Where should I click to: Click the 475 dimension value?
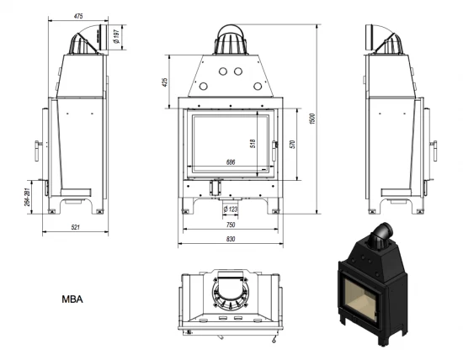pos(78,14)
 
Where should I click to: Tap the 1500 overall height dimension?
pos(312,120)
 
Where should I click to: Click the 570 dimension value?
pos(292,143)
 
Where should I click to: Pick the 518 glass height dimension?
pos(253,143)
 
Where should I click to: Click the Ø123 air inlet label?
pos(231,209)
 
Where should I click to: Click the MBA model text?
pos(72,298)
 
